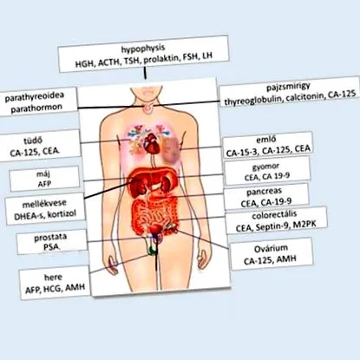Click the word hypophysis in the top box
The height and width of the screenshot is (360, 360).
pyautogui.click(x=143, y=49)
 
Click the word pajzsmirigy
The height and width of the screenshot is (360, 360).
pyautogui.click(x=288, y=87)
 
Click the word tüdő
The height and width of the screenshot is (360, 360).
pyautogui.click(x=33, y=141)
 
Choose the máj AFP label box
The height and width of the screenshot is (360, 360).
pyautogui.click(x=44, y=179)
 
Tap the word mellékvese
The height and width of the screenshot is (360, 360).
pyautogui.click(x=44, y=203)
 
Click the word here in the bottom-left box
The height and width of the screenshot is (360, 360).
pyautogui.click(x=53, y=278)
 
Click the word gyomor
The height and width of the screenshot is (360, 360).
pyautogui.click(x=265, y=167)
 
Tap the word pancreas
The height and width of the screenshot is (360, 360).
pyautogui.click(x=265, y=192)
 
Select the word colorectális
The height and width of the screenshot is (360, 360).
pyautogui.click(x=274, y=216)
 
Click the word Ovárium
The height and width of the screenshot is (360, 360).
pyautogui.click(x=271, y=249)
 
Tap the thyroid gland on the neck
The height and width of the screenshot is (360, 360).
pyautogui.click(x=148, y=108)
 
